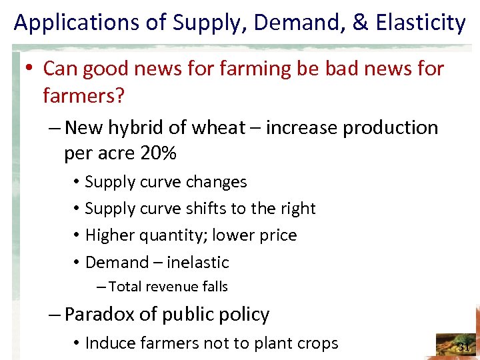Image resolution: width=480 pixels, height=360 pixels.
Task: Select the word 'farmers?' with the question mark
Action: pyautogui.click(x=83, y=96)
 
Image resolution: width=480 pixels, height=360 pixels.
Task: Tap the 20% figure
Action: pyautogui.click(x=159, y=154)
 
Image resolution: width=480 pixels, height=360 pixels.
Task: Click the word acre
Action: pyautogui.click(x=117, y=154)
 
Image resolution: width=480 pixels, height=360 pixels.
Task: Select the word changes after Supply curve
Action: pyautogui.click(x=217, y=182)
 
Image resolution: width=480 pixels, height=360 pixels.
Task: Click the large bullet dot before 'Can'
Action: pyautogui.click(x=31, y=69)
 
